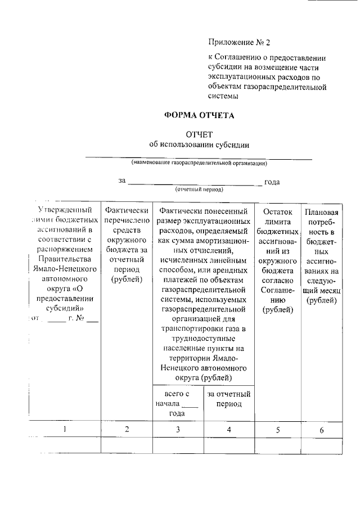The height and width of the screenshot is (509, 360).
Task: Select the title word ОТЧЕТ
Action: (x=199, y=134)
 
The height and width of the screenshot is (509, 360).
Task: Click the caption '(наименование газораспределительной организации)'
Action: (x=199, y=163)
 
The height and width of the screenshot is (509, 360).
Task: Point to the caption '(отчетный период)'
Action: (x=199, y=190)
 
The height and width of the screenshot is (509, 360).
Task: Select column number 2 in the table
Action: (x=127, y=430)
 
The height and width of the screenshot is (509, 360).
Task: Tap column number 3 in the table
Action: (x=178, y=430)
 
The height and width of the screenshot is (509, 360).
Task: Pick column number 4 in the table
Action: (x=229, y=430)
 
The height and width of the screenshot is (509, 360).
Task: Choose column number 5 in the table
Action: (x=278, y=430)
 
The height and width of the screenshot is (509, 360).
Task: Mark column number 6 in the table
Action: (x=322, y=430)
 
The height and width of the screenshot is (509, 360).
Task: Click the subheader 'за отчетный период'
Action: (x=229, y=399)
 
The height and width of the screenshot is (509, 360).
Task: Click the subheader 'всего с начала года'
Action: (x=177, y=404)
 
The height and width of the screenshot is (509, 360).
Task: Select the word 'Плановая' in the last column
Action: (x=322, y=212)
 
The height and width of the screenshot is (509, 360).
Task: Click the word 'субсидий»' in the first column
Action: (x=65, y=309)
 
